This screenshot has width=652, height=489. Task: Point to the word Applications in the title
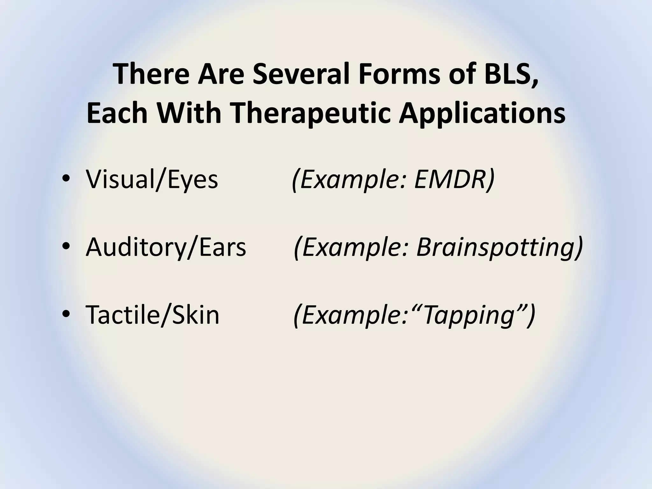click(x=482, y=114)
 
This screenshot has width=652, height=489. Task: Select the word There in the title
click(x=152, y=74)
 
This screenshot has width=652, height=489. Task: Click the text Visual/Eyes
click(x=152, y=180)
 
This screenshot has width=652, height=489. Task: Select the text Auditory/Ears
click(x=166, y=247)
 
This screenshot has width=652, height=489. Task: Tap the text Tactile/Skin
click(x=152, y=315)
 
